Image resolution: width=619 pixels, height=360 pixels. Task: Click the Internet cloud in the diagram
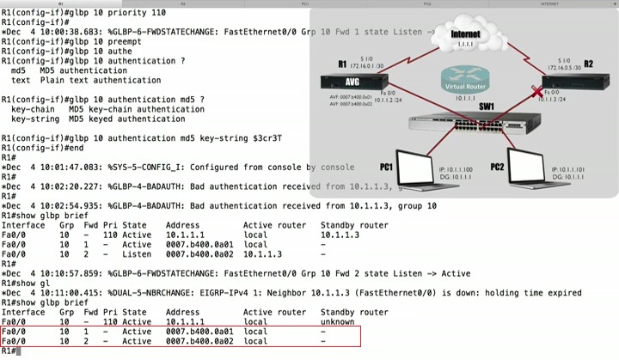pos(466,38)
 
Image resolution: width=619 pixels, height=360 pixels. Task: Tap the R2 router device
pos(578,83)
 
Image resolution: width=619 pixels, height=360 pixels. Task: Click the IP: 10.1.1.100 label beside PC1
pos(456,170)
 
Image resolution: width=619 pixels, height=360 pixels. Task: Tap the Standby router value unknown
pos(338,321)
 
